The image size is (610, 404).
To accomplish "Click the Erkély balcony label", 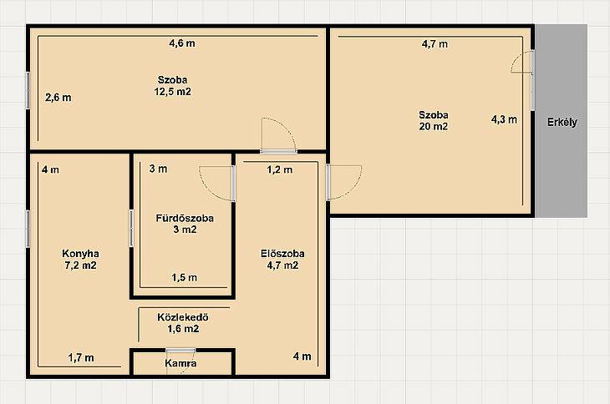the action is pos(562,123).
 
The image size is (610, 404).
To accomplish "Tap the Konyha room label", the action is pos(80,254).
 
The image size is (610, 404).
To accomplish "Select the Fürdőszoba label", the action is pos(185,219).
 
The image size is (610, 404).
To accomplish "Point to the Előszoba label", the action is pos(282,254).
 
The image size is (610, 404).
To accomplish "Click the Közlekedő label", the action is pos(183,317).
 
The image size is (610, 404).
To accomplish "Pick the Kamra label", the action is pos(180,364).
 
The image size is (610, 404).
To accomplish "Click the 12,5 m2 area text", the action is pos(173,92).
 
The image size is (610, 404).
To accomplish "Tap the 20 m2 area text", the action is pos(434,127).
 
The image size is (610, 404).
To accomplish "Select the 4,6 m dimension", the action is pos(182,43).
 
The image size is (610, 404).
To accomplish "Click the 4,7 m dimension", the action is pos(435,44).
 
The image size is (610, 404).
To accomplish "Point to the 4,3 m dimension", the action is pos(504,119).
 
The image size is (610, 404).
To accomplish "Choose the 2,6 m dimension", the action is pos(58,98).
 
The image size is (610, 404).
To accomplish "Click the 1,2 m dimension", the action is pos(280,169).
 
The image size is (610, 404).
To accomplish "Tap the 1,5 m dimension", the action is pos(185,278).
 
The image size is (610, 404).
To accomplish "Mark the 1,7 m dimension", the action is pos(81,357).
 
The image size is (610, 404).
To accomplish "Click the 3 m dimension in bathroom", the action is pos(158,169).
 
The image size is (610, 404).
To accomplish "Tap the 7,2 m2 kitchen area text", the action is pos(80,265).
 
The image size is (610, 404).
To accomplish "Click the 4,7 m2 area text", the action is pos(282,265).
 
